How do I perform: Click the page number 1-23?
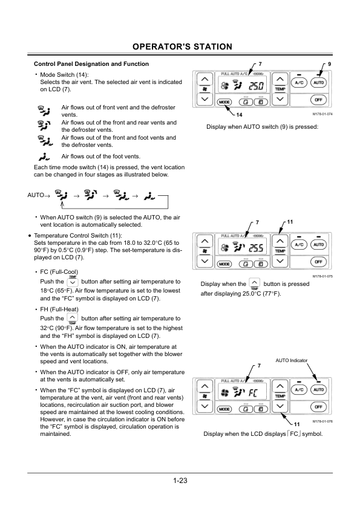(x=180, y=481)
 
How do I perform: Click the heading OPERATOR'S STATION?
(x=182, y=47)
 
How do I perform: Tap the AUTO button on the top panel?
(x=318, y=82)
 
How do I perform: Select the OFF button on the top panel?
(x=318, y=100)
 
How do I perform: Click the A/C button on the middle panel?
(x=299, y=244)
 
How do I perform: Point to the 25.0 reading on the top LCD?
(x=257, y=86)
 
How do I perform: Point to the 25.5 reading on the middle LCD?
(x=256, y=248)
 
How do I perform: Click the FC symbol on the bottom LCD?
(x=253, y=394)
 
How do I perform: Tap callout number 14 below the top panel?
(x=239, y=115)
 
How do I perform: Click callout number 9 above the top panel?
(x=330, y=64)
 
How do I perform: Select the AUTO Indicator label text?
(x=292, y=360)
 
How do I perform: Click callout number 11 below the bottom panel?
(x=296, y=424)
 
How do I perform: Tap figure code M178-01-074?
(x=322, y=114)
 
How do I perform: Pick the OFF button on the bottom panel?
(x=318, y=407)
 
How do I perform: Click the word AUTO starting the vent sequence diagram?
(x=36, y=195)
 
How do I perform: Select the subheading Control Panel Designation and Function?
(x=91, y=64)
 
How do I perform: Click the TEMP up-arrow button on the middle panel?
(x=280, y=241)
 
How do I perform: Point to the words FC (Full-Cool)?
(x=59, y=272)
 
